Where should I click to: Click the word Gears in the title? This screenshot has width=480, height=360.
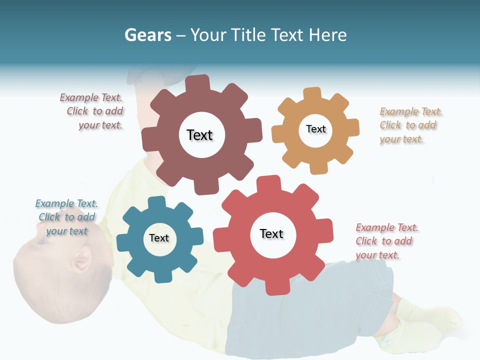point(147,35)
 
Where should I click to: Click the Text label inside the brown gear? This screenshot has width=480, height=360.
point(199,135)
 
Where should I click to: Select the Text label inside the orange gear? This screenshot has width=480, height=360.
point(315,129)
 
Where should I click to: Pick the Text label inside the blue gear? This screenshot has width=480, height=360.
point(159,238)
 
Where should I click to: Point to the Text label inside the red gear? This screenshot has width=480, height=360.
point(271,233)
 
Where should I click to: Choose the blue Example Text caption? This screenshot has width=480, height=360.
point(66,217)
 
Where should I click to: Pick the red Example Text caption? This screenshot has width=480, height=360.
point(386,241)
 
